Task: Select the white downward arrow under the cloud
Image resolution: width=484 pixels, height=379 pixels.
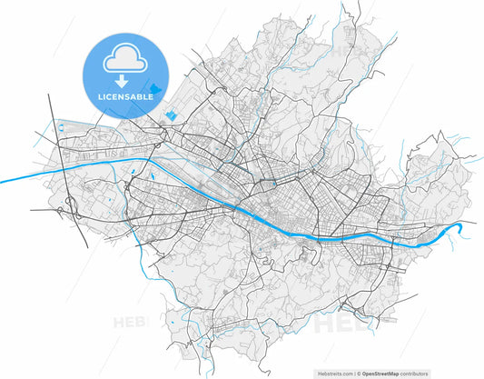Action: click(121, 81)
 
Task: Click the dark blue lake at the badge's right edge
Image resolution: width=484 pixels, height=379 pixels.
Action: click(156, 89)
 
